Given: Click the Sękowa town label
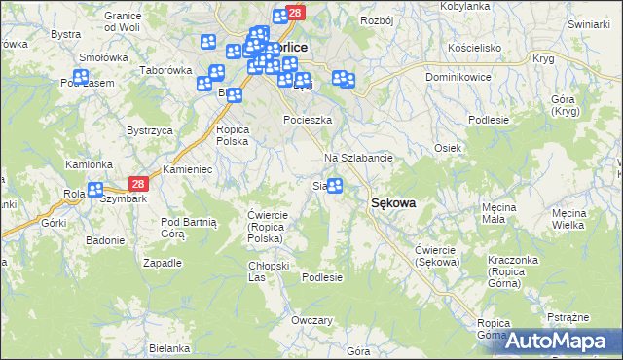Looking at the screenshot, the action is point(393,202).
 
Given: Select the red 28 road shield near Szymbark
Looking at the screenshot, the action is point(137,184).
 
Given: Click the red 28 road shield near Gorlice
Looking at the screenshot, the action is point(296,13).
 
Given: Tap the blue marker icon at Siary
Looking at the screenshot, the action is point(335,185).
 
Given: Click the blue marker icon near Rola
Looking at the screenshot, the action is point(95,191).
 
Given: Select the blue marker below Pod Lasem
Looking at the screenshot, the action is point(82,76).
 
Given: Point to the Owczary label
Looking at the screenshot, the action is point(312,320).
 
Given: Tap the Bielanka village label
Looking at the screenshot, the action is point(169,347).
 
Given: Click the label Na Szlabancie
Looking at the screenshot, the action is point(357,158).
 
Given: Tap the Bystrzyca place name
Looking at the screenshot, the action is point(150,129).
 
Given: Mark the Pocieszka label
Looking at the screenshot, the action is point(308,120).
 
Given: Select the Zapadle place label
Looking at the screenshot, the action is point(163,263).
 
